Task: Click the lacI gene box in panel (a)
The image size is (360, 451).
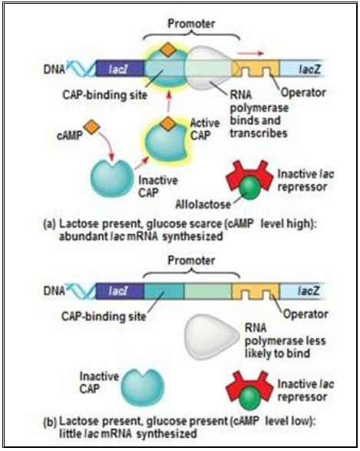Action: pos(120,68)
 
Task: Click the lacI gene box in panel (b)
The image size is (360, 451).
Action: pos(120,291)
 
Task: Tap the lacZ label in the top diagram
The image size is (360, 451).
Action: pos(309,69)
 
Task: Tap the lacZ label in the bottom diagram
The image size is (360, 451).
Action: pos(309,291)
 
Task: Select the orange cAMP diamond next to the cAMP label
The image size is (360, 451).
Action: pos(91,128)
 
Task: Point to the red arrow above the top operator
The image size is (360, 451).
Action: pos(251,53)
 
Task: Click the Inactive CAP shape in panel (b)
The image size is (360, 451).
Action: pos(143,387)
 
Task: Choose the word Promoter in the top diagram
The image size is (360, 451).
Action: pos(191,24)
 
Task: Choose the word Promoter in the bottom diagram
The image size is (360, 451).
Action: pos(191,260)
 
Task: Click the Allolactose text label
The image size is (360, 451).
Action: pos(203,204)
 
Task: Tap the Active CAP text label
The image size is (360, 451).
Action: pos(205,129)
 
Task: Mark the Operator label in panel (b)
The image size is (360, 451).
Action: pos(306,314)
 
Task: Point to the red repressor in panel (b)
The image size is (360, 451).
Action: pos(249,387)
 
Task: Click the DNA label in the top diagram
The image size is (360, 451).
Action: pos(54,69)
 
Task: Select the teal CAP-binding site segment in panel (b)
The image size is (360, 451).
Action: pos(163,291)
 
